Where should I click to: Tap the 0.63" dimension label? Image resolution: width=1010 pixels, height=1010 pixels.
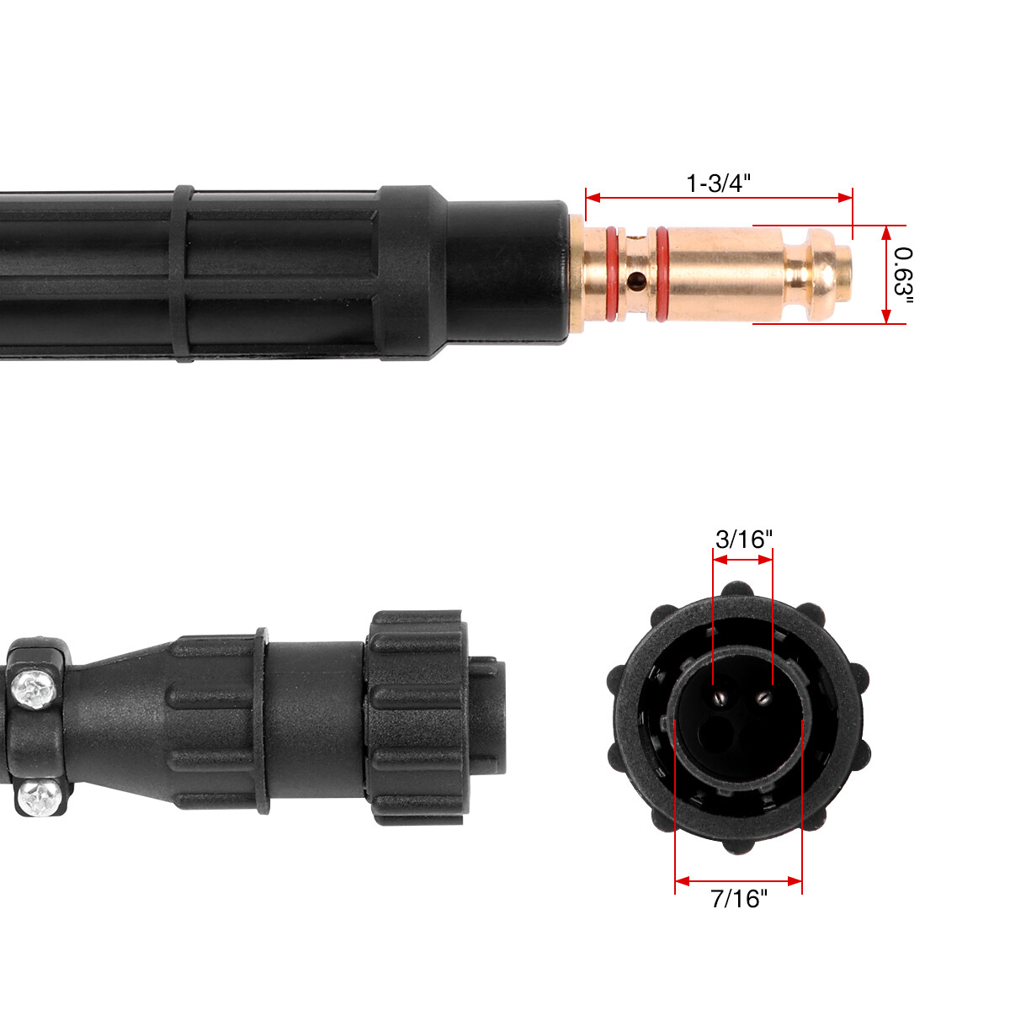tap(903, 274)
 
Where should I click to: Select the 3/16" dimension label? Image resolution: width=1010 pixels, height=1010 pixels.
tap(743, 540)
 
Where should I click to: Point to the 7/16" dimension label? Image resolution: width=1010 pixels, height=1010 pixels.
tap(740, 899)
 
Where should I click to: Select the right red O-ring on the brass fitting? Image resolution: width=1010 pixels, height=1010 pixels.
tap(662, 274)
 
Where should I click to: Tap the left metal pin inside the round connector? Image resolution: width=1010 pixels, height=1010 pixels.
tap(720, 696)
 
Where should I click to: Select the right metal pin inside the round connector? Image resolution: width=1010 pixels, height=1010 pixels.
tap(763, 695)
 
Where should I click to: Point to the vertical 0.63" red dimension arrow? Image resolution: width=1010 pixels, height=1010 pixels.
tap(885, 274)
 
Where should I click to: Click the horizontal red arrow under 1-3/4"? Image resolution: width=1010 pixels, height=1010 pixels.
tap(719, 198)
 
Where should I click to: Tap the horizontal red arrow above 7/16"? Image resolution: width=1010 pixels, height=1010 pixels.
tap(738, 881)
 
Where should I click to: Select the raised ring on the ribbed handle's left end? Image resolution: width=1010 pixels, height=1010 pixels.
tap(183, 274)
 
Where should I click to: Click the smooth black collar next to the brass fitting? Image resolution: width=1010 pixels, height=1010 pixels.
tap(505, 272)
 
